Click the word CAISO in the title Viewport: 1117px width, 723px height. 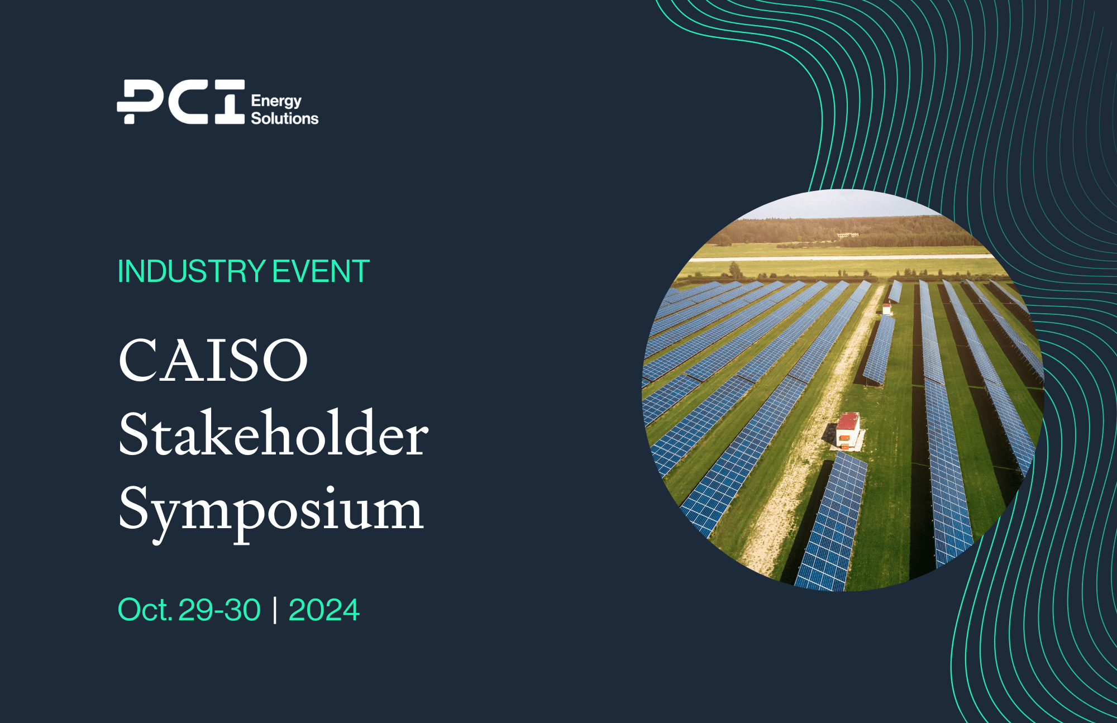click(213, 360)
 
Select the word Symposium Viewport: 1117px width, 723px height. click(271, 509)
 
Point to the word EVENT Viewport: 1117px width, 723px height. click(321, 272)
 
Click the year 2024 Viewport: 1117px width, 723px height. click(324, 610)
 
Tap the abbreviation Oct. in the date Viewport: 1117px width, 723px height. click(145, 610)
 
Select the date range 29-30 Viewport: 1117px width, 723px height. click(219, 610)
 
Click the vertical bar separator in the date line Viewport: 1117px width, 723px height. click(275, 610)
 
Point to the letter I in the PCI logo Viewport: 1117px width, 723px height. click(230, 102)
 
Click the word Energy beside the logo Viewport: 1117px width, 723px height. click(276, 101)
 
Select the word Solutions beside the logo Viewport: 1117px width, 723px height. click(284, 118)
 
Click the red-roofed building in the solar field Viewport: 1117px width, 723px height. click(848, 429)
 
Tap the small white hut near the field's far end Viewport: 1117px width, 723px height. click(886, 308)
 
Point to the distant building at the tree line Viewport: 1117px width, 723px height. click(847, 236)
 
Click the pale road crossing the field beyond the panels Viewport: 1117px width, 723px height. click(838, 257)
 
